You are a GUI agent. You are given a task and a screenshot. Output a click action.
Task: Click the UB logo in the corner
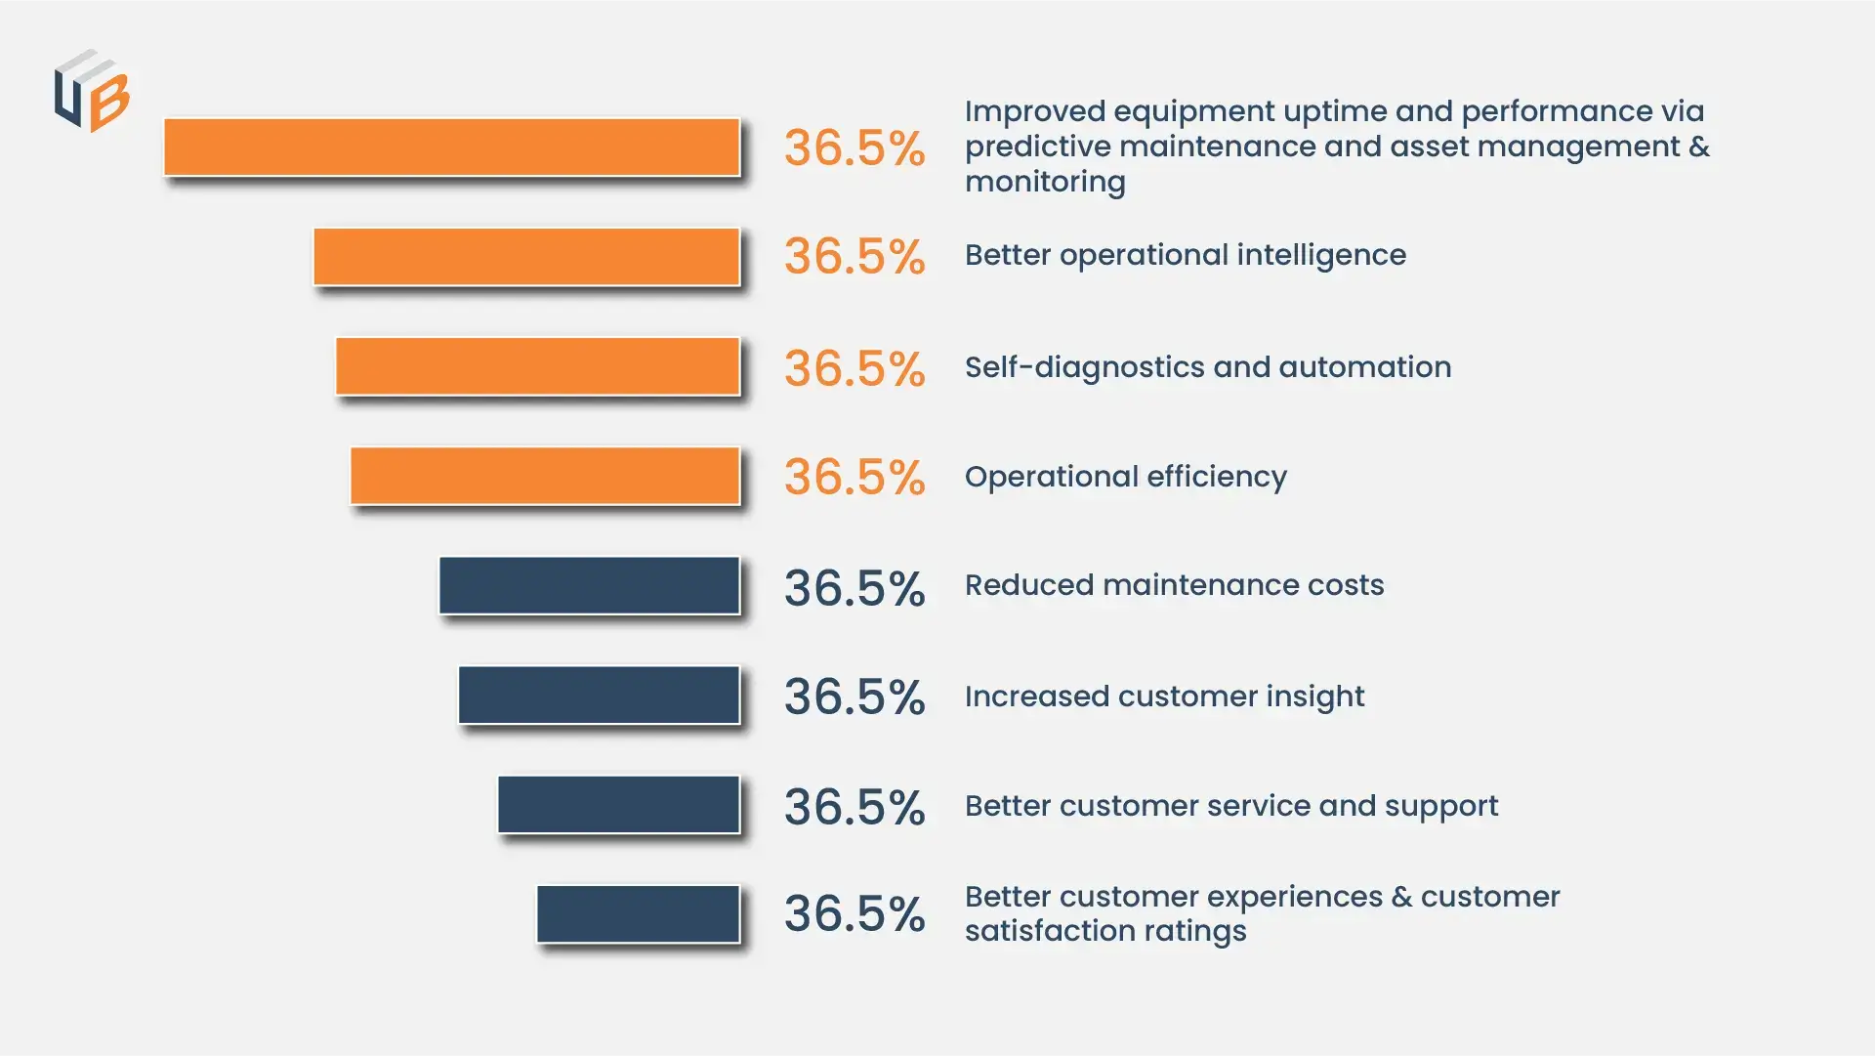[x=92, y=91]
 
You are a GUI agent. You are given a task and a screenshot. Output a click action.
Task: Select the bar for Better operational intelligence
[x=526, y=257]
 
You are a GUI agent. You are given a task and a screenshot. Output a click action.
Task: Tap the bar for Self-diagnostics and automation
[x=537, y=366]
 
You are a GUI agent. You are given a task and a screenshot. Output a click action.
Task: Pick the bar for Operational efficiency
[x=545, y=476]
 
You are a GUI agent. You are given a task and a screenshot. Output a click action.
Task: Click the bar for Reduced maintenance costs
[x=589, y=585]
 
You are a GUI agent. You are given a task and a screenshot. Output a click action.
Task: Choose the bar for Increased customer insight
[x=599, y=695]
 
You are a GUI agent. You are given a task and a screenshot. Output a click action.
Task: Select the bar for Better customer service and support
[x=618, y=804]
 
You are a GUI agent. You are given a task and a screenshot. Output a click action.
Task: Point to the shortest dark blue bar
[x=638, y=913]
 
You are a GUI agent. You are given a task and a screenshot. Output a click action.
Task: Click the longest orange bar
[x=451, y=148]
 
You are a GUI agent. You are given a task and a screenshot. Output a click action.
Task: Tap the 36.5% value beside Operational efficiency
[x=854, y=478]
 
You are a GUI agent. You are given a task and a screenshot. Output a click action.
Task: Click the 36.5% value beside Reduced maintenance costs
[x=854, y=588]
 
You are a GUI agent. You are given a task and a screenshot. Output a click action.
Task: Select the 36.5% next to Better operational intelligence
[x=854, y=257]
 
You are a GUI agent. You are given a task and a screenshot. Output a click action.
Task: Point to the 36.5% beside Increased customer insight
[x=854, y=697]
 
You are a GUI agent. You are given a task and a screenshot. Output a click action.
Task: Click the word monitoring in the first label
[x=1045, y=182]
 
